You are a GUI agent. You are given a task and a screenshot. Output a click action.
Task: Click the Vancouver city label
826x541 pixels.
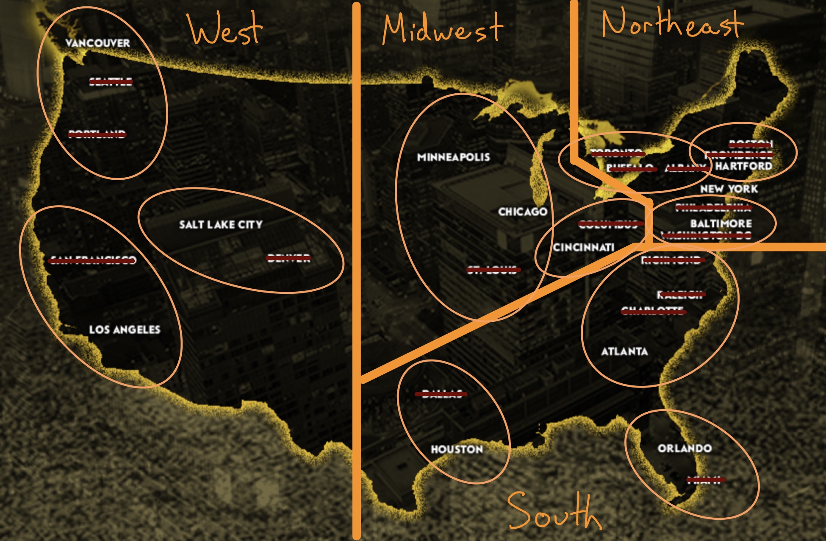pyautogui.click(x=97, y=43)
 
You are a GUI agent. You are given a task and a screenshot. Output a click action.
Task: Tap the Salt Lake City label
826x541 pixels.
pyautogui.click(x=221, y=225)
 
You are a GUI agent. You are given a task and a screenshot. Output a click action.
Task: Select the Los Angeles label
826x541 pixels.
pyautogui.click(x=125, y=330)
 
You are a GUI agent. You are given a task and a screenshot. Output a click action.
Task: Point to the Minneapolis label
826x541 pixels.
pyautogui.click(x=453, y=157)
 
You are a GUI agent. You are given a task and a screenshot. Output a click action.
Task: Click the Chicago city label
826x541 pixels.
pyautogui.click(x=523, y=212)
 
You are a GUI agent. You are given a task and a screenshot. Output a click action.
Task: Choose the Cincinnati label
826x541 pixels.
pyautogui.click(x=583, y=247)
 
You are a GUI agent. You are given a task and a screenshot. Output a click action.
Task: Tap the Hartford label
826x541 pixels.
pyautogui.click(x=743, y=166)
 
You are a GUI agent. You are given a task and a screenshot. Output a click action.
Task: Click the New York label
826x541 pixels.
pyautogui.click(x=729, y=189)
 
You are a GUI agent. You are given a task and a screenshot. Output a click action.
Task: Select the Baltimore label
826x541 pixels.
pyautogui.click(x=721, y=223)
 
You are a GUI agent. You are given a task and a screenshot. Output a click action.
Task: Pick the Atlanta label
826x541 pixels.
pyautogui.click(x=624, y=351)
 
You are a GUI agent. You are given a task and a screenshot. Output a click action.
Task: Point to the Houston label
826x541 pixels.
pyautogui.click(x=457, y=449)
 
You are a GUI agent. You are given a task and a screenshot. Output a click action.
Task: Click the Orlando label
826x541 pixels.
pyautogui.click(x=685, y=448)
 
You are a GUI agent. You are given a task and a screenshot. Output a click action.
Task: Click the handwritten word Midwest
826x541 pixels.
pyautogui.click(x=443, y=29)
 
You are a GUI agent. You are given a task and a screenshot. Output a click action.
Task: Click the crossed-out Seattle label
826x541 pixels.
pyautogui.click(x=111, y=81)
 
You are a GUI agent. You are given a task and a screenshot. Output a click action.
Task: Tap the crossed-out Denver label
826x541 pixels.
pyautogui.click(x=288, y=258)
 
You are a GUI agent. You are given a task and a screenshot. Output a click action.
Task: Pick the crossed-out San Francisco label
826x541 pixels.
pyautogui.click(x=92, y=260)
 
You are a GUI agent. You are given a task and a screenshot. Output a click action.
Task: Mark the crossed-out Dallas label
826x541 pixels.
pyautogui.click(x=441, y=394)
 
